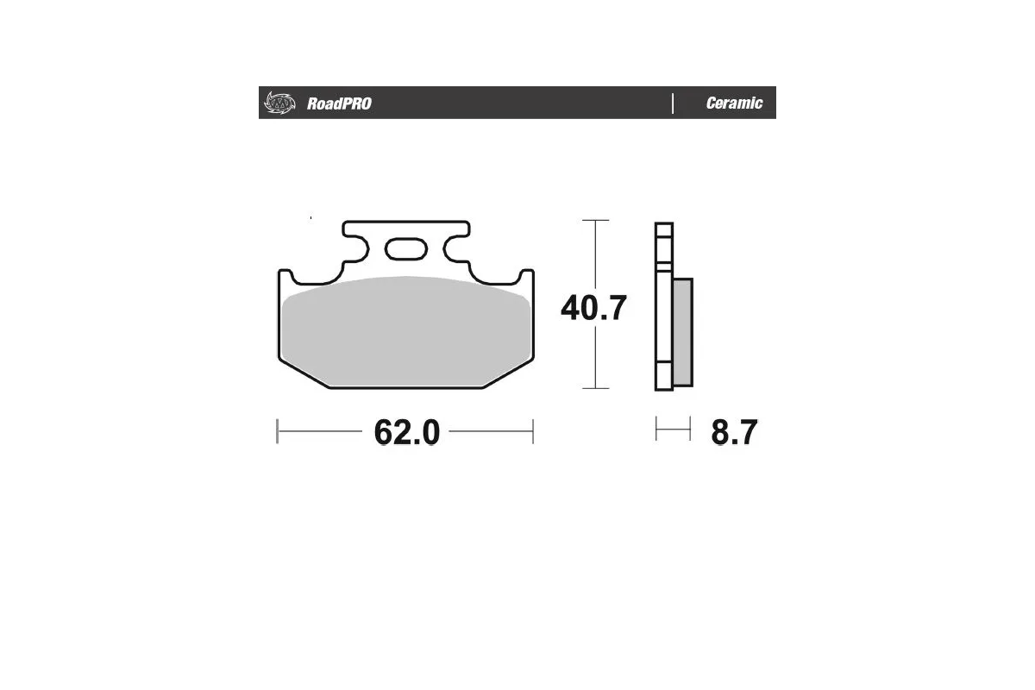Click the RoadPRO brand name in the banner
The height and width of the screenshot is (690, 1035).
click(339, 104)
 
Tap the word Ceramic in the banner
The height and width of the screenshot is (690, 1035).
click(734, 103)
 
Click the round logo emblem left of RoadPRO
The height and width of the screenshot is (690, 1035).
click(279, 103)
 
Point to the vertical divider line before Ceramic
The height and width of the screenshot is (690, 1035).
click(673, 103)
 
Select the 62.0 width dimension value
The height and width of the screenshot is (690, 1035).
click(407, 432)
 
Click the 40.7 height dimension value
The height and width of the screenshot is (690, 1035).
click(593, 308)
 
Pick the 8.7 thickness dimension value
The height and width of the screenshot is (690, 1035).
click(733, 432)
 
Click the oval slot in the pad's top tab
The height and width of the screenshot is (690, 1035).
click(406, 250)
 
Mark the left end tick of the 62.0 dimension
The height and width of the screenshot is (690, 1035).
click(277, 431)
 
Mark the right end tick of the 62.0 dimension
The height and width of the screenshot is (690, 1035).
click(533, 431)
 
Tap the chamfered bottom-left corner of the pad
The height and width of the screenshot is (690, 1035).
click(302, 373)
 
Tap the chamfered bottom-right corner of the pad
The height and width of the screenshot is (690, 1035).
click(509, 373)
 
